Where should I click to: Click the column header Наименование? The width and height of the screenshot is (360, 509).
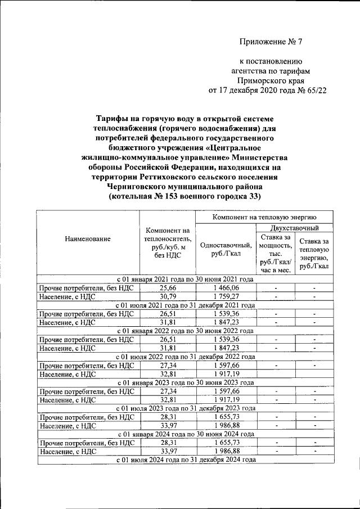pos(87,239)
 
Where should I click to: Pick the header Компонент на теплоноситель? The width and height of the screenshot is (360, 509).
pos(168,243)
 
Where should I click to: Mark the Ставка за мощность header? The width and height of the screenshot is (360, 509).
pos(274,254)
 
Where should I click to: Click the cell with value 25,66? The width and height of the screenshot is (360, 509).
pos(168,287)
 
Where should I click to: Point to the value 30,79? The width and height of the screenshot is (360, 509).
pos(168,296)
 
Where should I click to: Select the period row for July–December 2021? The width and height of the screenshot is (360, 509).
pos(185,305)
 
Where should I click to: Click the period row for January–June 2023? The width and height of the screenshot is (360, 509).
pos(185,382)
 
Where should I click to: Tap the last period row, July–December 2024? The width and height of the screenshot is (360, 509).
pos(185,460)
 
